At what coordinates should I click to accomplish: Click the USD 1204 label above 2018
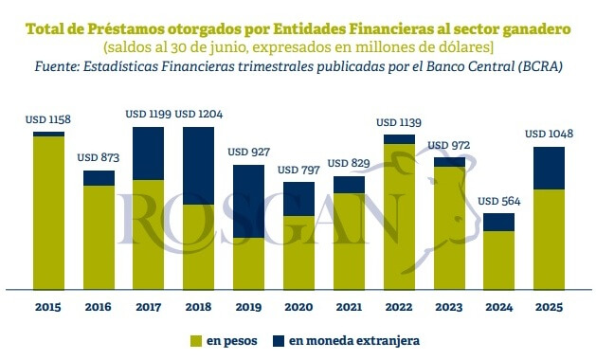(x=198, y=114)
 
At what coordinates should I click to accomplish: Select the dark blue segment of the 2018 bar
(x=198, y=166)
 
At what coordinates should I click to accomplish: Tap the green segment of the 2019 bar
(x=248, y=263)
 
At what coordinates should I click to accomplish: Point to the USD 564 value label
(x=499, y=201)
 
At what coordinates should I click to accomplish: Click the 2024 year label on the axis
(x=499, y=307)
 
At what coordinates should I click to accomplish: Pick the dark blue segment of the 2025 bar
(x=549, y=168)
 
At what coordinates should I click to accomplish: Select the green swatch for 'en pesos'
(x=196, y=341)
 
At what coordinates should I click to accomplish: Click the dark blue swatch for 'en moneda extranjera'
(x=279, y=341)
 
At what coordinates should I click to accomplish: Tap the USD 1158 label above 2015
(x=48, y=119)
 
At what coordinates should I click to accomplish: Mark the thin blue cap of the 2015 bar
(x=48, y=134)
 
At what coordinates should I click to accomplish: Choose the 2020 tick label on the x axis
(x=298, y=307)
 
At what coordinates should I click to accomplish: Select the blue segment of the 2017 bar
(x=148, y=153)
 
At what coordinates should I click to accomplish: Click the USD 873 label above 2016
(x=99, y=157)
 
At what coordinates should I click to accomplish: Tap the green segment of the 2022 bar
(x=399, y=217)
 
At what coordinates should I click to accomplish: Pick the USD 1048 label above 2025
(x=550, y=134)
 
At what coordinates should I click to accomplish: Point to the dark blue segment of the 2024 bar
(x=498, y=223)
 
